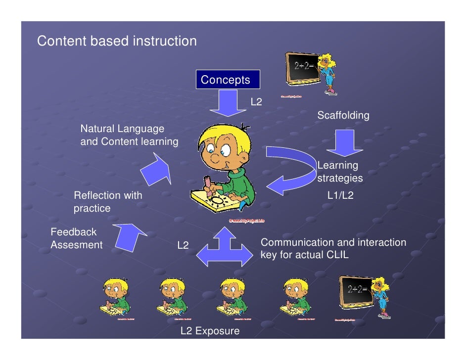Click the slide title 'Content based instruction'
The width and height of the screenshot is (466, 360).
(117, 41)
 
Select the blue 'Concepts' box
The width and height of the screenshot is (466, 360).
(225, 80)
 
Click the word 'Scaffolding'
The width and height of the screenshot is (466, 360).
(343, 115)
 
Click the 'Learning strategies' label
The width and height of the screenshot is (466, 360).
(340, 172)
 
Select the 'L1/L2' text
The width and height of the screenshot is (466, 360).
(340, 195)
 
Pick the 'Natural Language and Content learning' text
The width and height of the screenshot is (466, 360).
(129, 135)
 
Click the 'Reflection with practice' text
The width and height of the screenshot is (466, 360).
(108, 202)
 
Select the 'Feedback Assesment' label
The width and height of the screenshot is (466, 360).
(76, 238)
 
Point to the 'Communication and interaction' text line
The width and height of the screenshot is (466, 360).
(333, 242)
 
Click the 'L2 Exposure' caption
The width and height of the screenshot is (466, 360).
(210, 331)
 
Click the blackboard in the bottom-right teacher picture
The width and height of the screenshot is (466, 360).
(355, 291)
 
